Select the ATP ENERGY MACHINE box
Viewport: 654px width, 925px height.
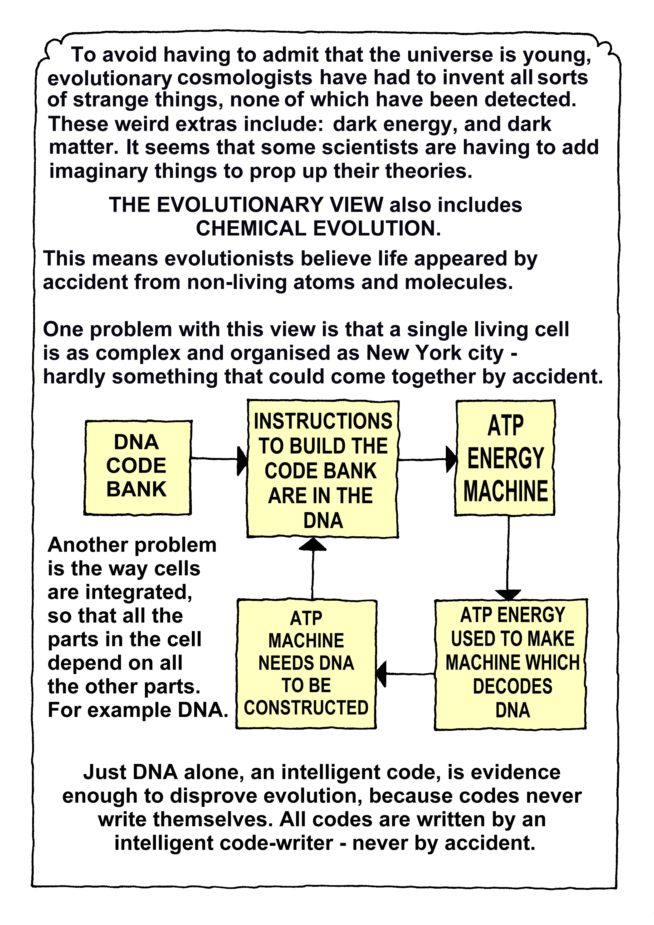(x=505, y=458)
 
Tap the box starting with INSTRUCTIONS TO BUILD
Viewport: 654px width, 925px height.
(x=323, y=469)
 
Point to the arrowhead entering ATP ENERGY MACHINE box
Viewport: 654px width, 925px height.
(x=451, y=459)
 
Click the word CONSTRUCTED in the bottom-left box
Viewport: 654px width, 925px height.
(x=306, y=708)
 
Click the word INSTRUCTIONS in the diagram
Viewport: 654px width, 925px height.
(x=323, y=421)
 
